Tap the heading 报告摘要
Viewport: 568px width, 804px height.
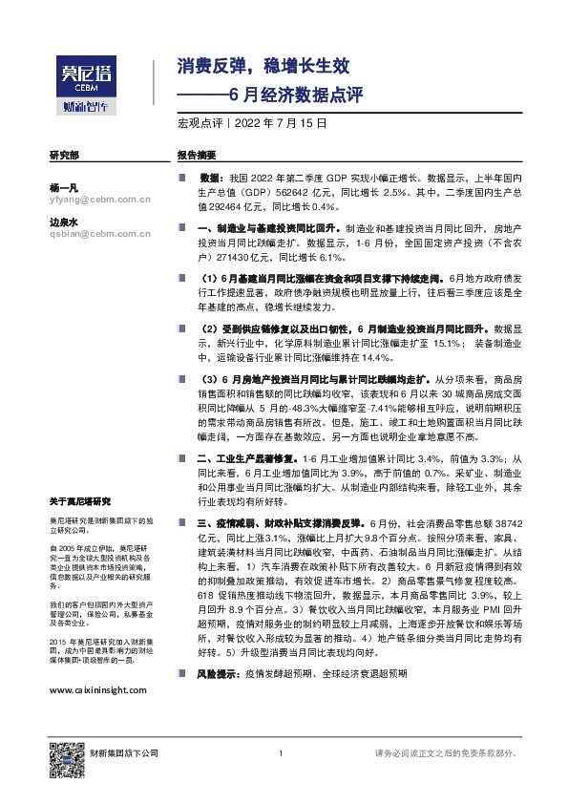click(x=197, y=155)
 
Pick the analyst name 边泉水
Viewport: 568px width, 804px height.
click(x=62, y=222)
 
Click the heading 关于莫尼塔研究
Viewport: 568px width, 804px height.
click(x=80, y=501)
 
